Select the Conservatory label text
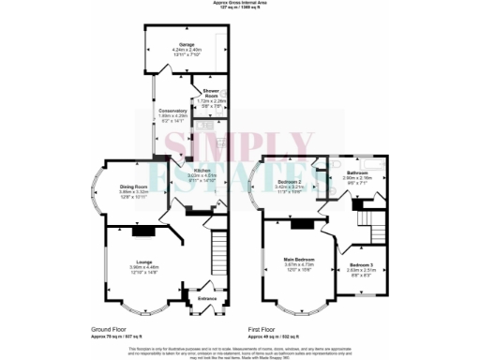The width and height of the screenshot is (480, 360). (x=173, y=110)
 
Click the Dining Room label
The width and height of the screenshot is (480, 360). (x=135, y=186)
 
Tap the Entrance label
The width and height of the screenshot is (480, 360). (x=205, y=299)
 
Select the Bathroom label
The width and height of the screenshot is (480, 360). (x=357, y=172)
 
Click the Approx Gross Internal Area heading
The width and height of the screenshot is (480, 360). (x=240, y=3)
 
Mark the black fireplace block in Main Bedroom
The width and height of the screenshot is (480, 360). (x=302, y=223)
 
